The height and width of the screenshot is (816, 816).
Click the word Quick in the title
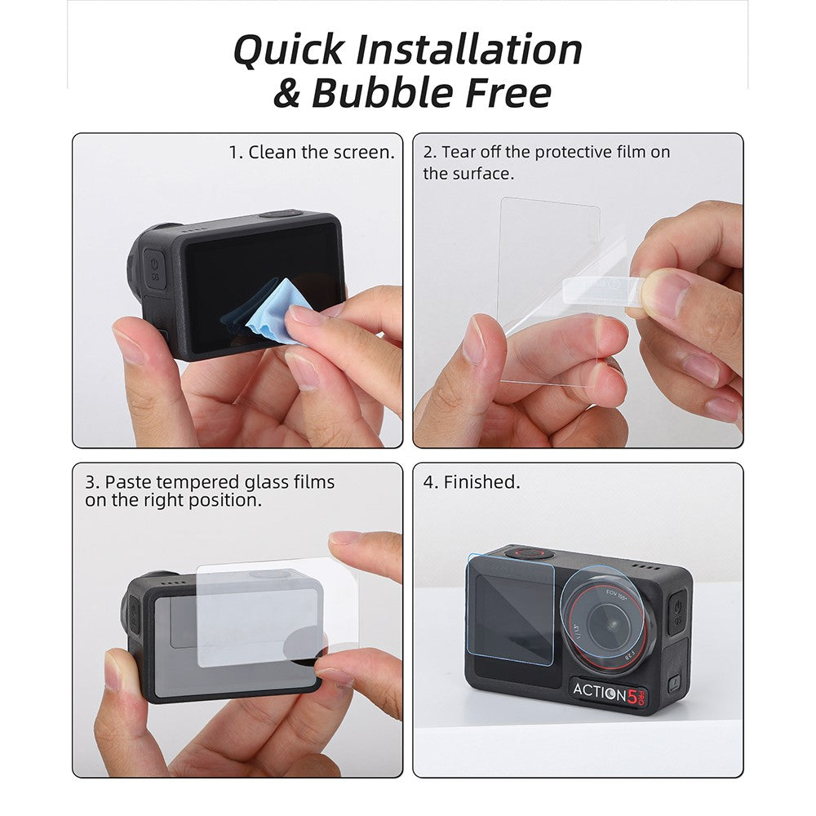coord(288,50)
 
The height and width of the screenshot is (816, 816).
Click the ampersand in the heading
coord(286,94)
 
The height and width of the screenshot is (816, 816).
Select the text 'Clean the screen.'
coord(322,153)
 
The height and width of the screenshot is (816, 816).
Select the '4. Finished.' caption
coord(472,482)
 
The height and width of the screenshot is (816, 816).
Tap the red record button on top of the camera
coord(529,554)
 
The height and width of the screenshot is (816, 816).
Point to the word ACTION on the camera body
coord(600,692)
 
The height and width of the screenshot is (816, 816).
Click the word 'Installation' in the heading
coord(469,50)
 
